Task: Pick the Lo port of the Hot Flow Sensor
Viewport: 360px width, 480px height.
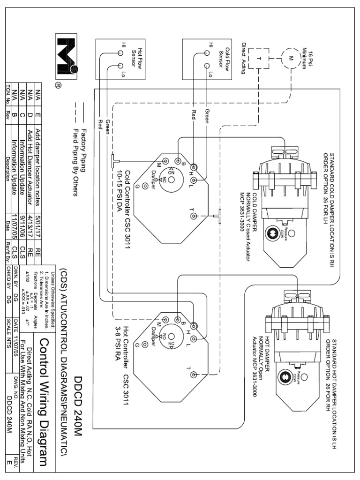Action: tap(120, 66)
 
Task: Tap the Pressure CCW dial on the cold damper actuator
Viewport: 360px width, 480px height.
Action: tap(271, 233)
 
